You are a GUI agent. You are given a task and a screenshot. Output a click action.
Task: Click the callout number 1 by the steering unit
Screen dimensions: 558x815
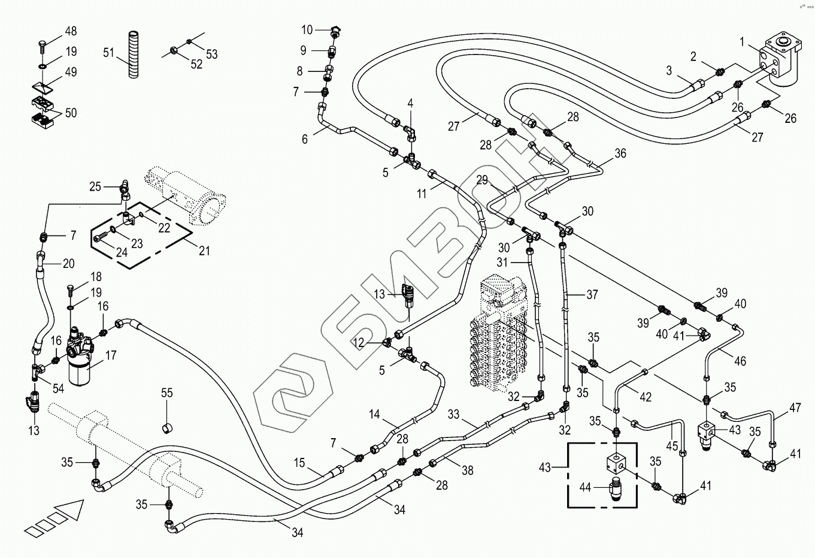pos(743,43)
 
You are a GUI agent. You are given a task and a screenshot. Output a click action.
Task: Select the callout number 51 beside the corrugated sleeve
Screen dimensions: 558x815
pos(108,53)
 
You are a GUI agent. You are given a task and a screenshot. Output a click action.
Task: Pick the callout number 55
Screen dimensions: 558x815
pos(166,393)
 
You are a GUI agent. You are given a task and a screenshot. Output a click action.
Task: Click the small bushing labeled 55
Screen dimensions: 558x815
pos(168,427)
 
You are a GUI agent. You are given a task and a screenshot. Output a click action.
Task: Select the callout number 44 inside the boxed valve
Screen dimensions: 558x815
pos(585,488)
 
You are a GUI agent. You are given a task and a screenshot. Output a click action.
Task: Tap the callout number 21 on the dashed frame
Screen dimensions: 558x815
pos(204,251)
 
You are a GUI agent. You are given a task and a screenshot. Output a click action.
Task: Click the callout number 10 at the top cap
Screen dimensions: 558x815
pos(307,30)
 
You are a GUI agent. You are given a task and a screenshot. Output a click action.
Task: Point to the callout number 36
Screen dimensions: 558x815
pos(620,153)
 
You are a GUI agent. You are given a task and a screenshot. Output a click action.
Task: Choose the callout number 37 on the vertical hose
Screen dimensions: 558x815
pos(592,294)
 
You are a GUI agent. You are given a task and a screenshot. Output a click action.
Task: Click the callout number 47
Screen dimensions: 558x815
pos(795,408)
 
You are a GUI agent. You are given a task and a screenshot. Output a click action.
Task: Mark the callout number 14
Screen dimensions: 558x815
pos(374,414)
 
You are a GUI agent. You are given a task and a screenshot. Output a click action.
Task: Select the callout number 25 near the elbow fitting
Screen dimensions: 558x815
pos(95,186)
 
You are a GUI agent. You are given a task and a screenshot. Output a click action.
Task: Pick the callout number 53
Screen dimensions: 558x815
pos(211,54)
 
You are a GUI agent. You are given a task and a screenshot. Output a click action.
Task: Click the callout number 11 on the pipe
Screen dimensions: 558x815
pos(422,194)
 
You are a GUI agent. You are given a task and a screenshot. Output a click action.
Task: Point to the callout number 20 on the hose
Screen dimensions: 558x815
pos(68,263)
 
